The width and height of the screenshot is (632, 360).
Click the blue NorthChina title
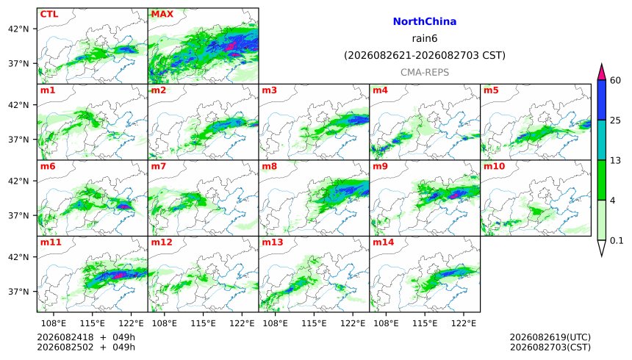tap(425, 21)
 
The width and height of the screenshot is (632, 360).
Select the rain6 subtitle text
tap(425, 38)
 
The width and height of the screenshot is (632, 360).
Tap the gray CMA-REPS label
tap(425, 72)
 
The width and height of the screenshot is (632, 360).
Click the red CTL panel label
tap(49, 14)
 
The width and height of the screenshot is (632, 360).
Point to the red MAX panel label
tap(162, 14)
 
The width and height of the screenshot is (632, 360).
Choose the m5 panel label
tap(491, 90)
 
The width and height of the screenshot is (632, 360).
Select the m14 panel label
tap(384, 242)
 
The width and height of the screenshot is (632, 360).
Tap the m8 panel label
tap(269, 166)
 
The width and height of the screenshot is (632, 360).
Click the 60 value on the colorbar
tap(616, 80)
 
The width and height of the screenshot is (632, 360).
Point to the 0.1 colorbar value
tap(617, 241)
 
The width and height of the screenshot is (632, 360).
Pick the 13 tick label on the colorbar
tap(616, 160)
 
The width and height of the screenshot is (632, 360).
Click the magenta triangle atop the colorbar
tap(602, 72)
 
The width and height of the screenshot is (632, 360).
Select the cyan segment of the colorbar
tap(602, 140)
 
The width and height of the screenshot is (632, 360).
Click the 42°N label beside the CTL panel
tap(18, 29)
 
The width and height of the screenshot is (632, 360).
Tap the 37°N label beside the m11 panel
tap(18, 292)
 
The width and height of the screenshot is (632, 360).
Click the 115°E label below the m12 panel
tap(203, 323)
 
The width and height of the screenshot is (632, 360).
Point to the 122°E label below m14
tap(464, 323)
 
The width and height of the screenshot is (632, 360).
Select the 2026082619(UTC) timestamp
tap(550, 337)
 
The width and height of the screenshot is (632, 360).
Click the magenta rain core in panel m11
tap(119, 276)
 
